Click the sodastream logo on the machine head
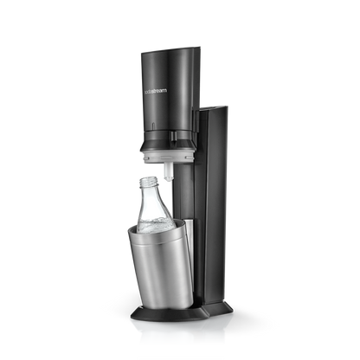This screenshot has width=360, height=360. coord(155,91)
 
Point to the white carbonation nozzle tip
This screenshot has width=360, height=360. coord(168,174)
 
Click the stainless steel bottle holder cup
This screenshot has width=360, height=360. coord(159,262)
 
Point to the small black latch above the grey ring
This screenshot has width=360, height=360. coord(173,135)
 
